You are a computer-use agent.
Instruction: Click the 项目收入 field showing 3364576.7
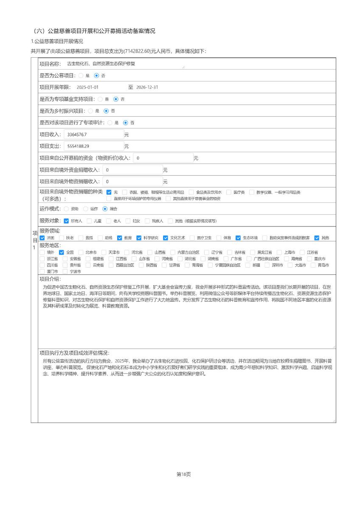(x=93, y=134)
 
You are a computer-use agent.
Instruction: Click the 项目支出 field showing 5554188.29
(x=93, y=146)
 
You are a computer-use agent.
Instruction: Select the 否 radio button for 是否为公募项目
(x=96, y=76)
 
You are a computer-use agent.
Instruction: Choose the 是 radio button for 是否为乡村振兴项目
(x=90, y=111)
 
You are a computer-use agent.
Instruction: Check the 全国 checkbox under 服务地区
(x=62, y=252)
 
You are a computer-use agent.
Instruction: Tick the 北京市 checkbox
(x=81, y=252)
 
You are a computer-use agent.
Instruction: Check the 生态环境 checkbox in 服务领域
(x=238, y=238)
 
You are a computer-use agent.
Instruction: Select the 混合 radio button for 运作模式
(x=105, y=209)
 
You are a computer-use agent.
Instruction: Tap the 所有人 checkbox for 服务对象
(x=66, y=221)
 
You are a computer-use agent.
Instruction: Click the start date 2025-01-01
(x=87, y=87)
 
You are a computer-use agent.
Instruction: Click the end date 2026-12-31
(x=147, y=87)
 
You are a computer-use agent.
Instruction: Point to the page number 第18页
(x=183, y=474)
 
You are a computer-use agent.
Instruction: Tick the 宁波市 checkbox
(x=65, y=271)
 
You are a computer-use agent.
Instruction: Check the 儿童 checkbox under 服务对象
(x=89, y=221)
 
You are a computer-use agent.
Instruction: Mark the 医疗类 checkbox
(x=229, y=192)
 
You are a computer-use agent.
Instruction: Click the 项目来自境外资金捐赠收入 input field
(x=132, y=170)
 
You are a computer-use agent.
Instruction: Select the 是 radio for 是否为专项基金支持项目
(x=100, y=99)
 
